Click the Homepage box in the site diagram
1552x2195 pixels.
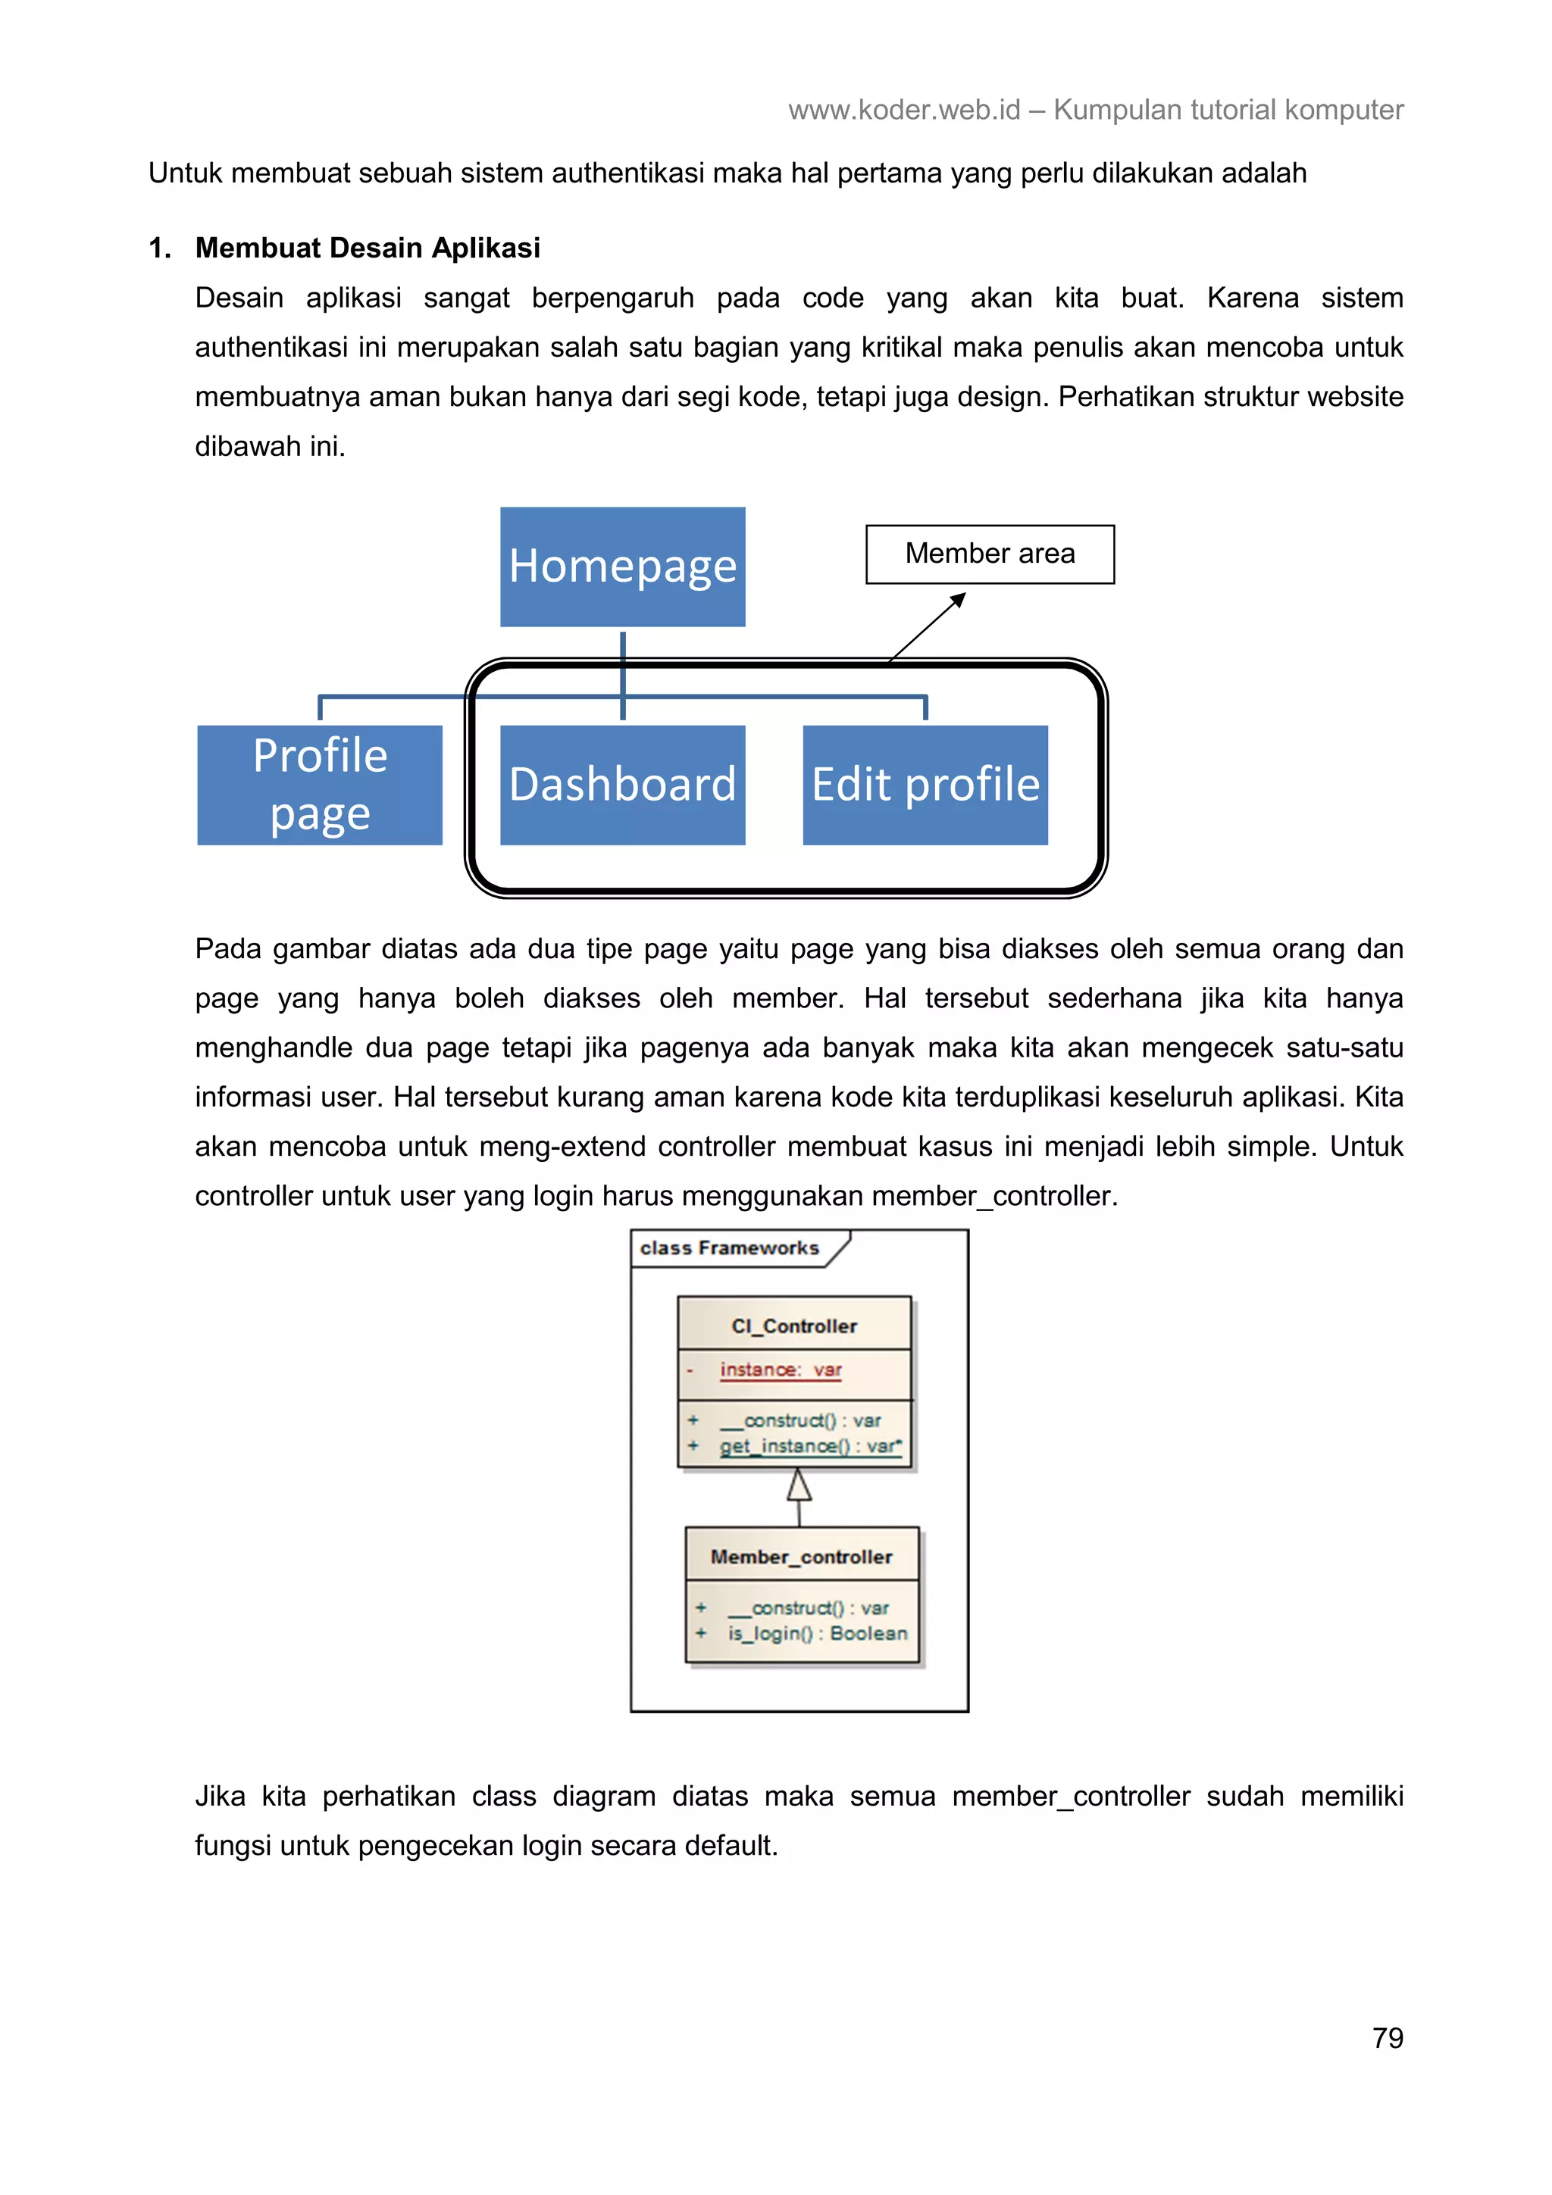tap(622, 567)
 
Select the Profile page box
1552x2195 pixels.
tap(319, 785)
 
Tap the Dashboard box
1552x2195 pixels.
tap(622, 785)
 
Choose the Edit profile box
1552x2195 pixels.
tap(925, 785)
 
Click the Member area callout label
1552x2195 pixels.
tap(990, 554)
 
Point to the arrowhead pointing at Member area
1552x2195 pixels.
tap(959, 598)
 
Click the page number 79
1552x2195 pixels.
tap(1387, 2037)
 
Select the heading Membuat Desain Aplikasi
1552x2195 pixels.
tap(368, 248)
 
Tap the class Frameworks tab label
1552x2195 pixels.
tap(729, 1247)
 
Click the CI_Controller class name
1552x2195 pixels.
tap(793, 1326)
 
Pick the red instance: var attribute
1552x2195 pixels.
tap(781, 1370)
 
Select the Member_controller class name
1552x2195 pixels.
tap(801, 1556)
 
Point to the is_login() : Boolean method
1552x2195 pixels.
tap(817, 1634)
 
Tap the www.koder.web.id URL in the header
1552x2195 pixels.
tap(903, 110)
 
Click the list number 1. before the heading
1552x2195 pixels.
tap(160, 248)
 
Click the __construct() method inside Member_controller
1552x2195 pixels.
tap(808, 1608)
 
